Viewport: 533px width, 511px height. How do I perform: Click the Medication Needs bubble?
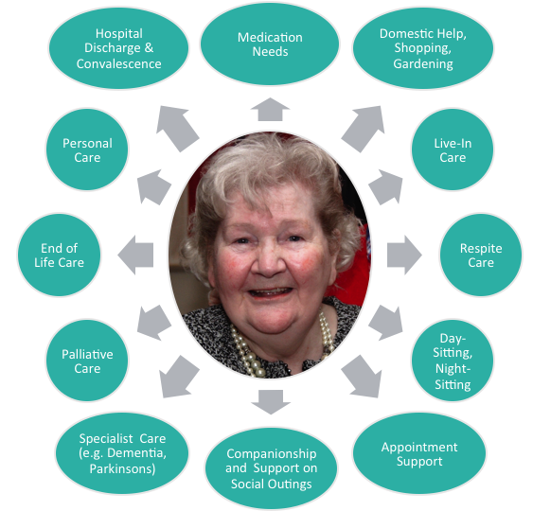[x=270, y=44]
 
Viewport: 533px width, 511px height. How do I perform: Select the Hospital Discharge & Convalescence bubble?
[x=118, y=48]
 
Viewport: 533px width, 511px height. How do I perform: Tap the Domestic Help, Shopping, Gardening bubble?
[x=423, y=48]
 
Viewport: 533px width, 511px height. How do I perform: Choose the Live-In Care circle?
[x=453, y=150]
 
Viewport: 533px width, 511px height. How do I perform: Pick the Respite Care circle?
[x=481, y=255]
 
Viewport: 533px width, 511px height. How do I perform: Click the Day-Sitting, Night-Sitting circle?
[x=453, y=361]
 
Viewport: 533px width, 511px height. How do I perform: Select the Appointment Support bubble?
[x=419, y=453]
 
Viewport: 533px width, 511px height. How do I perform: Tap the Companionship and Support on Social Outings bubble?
[x=271, y=468]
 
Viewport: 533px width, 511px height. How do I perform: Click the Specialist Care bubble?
[x=122, y=453]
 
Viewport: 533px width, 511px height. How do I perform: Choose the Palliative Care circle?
[x=87, y=361]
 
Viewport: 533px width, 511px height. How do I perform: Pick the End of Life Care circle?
[x=59, y=255]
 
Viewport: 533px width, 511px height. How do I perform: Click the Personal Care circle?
[x=87, y=150]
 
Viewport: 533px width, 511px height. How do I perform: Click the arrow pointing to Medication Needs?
[x=270, y=110]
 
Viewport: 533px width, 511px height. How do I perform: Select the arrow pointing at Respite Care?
[x=404, y=255]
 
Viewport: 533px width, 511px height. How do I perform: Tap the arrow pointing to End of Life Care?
[x=135, y=255]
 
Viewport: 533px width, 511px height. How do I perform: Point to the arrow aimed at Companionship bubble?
[x=271, y=402]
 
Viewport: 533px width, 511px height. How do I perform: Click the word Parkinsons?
[x=122, y=468]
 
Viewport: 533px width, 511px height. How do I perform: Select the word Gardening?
[x=423, y=64]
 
